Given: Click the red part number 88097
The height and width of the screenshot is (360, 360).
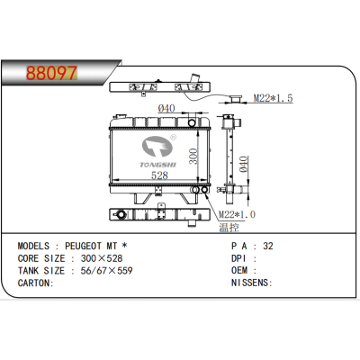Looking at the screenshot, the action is tap(51, 73).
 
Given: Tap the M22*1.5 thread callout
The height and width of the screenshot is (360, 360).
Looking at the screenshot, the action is tap(273, 98).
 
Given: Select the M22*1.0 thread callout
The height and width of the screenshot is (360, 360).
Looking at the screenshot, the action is tap(237, 214).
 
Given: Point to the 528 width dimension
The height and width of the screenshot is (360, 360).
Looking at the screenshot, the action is tap(159, 175).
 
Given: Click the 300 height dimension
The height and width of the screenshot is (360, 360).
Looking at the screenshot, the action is tap(193, 157).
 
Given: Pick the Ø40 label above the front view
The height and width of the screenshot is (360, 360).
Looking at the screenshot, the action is tap(166, 108).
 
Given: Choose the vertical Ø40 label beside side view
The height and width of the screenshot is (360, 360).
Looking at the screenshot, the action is tap(243, 164).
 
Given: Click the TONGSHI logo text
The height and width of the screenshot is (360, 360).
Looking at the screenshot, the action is tap(158, 165).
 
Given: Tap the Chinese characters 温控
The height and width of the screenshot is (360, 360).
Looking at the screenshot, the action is tap(229, 228).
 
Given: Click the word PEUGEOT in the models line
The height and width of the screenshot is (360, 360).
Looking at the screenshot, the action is tap(83, 246).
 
